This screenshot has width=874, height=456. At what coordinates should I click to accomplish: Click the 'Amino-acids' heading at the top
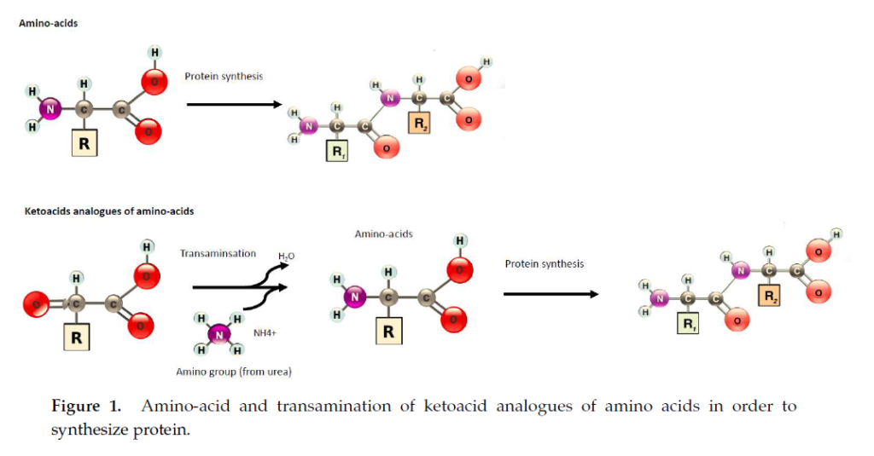(49, 23)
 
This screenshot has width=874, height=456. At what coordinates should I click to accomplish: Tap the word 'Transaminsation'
(218, 253)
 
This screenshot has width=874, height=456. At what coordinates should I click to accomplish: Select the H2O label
(287, 257)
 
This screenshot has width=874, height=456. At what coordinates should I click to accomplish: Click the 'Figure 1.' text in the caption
(87, 406)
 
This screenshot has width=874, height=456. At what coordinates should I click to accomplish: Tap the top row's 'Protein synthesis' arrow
(234, 105)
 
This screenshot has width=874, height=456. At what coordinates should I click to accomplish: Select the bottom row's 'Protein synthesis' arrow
(551, 294)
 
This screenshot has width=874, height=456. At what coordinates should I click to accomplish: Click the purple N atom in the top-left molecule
(50, 109)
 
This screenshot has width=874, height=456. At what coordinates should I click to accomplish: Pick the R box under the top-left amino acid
(84, 144)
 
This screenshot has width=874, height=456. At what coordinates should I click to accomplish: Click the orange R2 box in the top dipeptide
(421, 124)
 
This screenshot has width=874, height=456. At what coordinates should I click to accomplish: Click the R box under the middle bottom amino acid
(388, 331)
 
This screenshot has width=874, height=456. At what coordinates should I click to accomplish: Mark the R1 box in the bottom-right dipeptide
(687, 323)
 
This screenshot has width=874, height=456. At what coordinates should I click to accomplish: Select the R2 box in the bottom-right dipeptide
(771, 297)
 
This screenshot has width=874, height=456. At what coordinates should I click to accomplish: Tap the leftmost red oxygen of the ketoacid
(35, 302)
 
